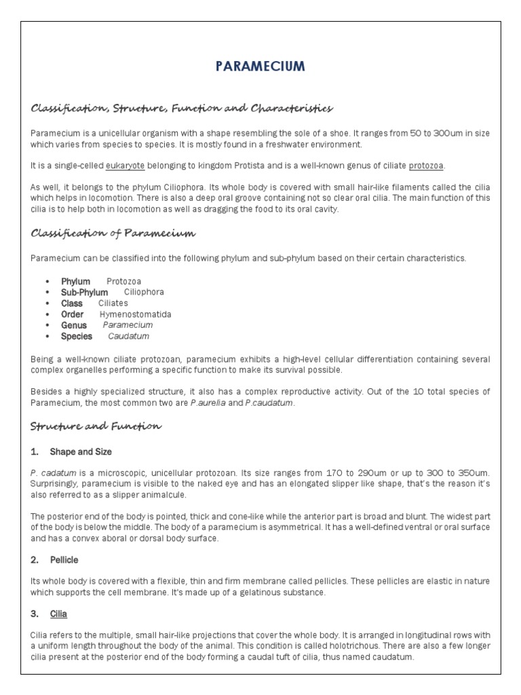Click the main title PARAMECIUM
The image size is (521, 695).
point(260,66)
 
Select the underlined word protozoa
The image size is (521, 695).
point(427,166)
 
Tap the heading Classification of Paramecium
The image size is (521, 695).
point(113,233)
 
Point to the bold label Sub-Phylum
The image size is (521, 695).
point(84,293)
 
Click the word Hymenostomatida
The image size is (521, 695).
point(136,314)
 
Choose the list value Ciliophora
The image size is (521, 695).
point(144,293)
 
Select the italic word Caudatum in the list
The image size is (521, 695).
point(129,336)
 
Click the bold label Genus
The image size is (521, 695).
point(74,325)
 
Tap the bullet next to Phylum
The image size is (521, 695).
point(47,282)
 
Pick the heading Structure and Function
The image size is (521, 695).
point(96,426)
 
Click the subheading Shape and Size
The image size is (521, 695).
point(81,451)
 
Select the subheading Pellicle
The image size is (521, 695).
point(64,560)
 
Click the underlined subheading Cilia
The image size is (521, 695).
point(58,614)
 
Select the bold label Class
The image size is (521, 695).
point(72,303)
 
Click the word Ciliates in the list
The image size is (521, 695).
point(113,303)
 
